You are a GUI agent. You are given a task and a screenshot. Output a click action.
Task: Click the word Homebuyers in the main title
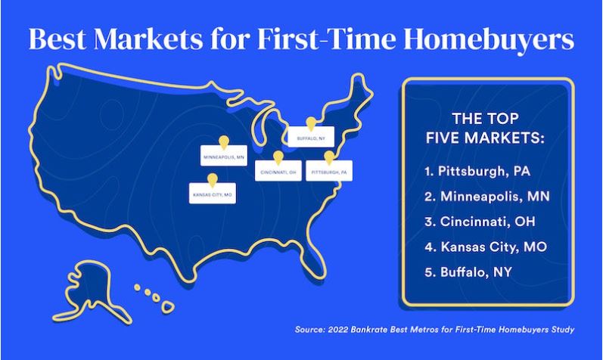click(489, 39)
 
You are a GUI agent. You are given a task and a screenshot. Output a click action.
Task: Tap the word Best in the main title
click(57, 39)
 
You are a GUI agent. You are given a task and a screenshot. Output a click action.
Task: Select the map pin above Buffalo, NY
click(311, 124)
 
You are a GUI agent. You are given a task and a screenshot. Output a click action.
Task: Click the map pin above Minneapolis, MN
click(223, 143)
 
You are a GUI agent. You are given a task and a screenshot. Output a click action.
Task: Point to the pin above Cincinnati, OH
click(278, 158)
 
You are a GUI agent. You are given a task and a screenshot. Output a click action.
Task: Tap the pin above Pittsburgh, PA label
click(329, 158)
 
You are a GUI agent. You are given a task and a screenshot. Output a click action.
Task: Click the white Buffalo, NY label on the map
click(311, 137)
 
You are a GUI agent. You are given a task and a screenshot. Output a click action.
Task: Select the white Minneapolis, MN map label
click(224, 155)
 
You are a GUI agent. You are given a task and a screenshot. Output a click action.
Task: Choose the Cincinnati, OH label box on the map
click(278, 171)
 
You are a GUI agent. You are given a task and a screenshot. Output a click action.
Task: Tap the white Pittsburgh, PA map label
click(329, 171)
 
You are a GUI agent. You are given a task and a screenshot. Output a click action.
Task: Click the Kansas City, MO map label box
click(213, 193)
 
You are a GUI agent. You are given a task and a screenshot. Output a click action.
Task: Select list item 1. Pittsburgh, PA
click(477, 171)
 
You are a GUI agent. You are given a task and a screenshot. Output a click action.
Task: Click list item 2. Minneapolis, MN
click(487, 197)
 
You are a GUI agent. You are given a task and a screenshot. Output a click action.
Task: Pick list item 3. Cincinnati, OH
click(480, 222)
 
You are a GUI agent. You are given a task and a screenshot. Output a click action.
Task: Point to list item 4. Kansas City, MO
click(486, 247)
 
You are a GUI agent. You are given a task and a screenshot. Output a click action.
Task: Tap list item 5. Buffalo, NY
click(468, 272)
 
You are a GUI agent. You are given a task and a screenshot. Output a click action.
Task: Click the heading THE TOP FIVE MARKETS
click(485, 129)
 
